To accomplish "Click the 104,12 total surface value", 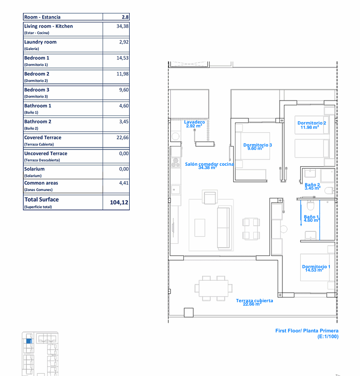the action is (x=119, y=203).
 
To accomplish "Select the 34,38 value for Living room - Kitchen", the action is (x=123, y=26).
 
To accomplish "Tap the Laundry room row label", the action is (x=40, y=42).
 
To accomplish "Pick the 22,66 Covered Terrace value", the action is (x=123, y=137).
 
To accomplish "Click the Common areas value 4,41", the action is (x=124, y=183).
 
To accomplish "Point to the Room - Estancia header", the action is (x=42, y=17).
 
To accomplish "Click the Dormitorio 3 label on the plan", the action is (x=258, y=145).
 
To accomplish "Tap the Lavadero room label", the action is (x=194, y=122).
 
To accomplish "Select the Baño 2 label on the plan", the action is (x=312, y=184).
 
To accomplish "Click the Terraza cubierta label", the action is (x=254, y=300).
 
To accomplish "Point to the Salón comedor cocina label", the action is (x=209, y=164).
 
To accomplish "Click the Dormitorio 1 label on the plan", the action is (x=316, y=266).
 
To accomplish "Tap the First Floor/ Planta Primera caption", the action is (x=307, y=330).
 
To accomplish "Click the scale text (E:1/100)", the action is (x=328, y=336).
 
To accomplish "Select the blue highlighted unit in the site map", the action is (x=29, y=341).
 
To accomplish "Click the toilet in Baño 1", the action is (x=310, y=205).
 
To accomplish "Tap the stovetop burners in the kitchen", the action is (x=176, y=162).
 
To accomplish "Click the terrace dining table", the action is (x=214, y=288).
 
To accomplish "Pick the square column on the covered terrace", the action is (x=189, y=312).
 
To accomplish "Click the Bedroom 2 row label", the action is (x=37, y=74).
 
